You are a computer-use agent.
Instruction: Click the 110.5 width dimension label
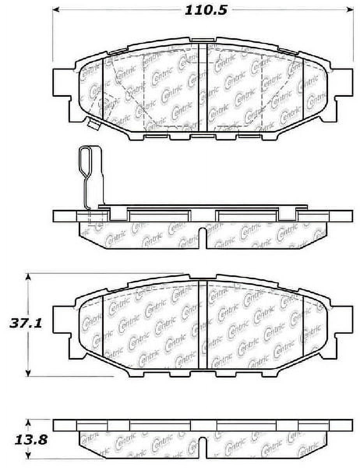click(205, 11)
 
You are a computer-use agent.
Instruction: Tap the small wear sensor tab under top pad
click(94, 124)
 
